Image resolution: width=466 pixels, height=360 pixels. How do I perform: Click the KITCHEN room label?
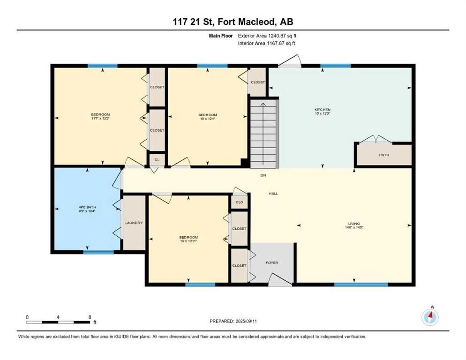(x=322, y=110)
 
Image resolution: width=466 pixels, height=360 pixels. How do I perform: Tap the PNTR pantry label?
(x=384, y=155)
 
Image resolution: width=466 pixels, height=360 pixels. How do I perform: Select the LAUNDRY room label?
(x=134, y=223)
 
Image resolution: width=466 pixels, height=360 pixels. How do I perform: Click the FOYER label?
(x=272, y=262)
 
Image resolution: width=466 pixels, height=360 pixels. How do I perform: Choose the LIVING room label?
(x=353, y=224)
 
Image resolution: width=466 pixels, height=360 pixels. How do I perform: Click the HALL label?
(x=273, y=193)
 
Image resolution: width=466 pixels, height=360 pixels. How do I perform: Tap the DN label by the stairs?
(x=263, y=175)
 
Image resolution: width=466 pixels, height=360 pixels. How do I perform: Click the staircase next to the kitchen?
(x=264, y=134)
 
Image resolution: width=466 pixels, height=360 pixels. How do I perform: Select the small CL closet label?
(x=157, y=160)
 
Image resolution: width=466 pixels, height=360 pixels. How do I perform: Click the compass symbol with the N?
(x=430, y=317)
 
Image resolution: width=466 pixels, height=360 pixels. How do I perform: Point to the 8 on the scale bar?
(x=90, y=317)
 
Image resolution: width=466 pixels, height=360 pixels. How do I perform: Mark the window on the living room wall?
(x=354, y=284)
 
